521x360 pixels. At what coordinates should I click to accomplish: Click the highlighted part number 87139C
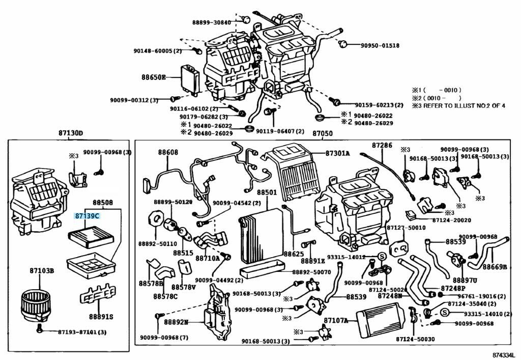point(87,216)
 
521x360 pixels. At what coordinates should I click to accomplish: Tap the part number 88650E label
point(154,77)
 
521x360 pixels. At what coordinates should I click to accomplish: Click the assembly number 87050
point(322,133)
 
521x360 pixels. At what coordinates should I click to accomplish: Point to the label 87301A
point(338,153)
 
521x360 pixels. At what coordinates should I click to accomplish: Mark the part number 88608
point(168,152)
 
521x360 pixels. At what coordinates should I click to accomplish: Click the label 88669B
point(495,267)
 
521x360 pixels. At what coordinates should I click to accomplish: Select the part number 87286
point(382,146)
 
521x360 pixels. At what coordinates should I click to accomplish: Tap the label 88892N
point(176,322)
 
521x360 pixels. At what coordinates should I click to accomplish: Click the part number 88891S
point(102,317)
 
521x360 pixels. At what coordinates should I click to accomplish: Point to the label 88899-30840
point(211,22)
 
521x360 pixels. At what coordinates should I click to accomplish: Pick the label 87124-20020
point(452,220)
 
